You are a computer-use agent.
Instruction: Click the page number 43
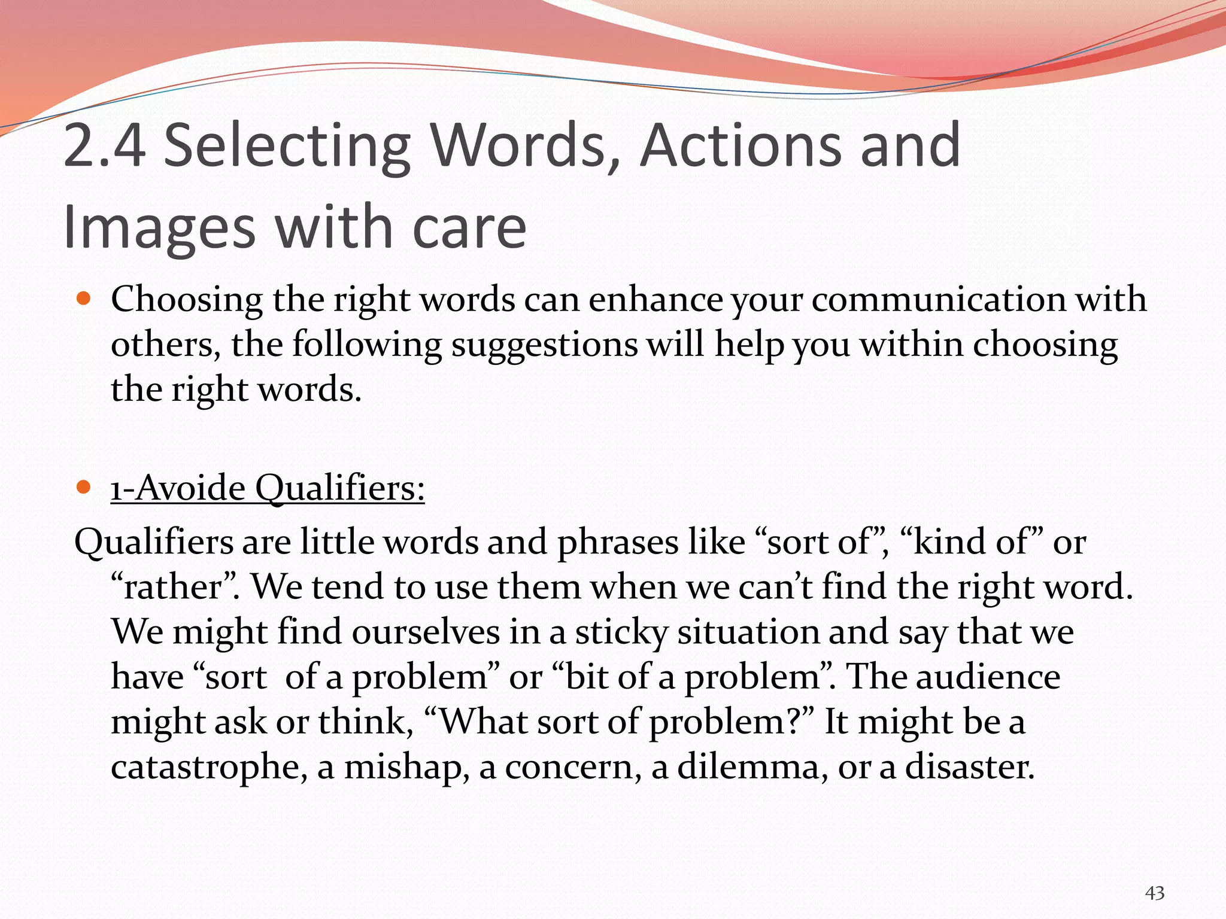[1154, 893]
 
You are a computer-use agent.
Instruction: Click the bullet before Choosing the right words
[84, 298]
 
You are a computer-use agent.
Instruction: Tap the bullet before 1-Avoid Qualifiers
[84, 486]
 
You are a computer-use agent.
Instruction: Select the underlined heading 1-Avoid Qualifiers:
[268, 488]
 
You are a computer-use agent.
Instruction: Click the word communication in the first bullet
[939, 299]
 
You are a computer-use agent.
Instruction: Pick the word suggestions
[544, 346]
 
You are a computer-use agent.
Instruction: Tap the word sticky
[621, 633]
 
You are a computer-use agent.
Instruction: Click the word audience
[988, 677]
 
